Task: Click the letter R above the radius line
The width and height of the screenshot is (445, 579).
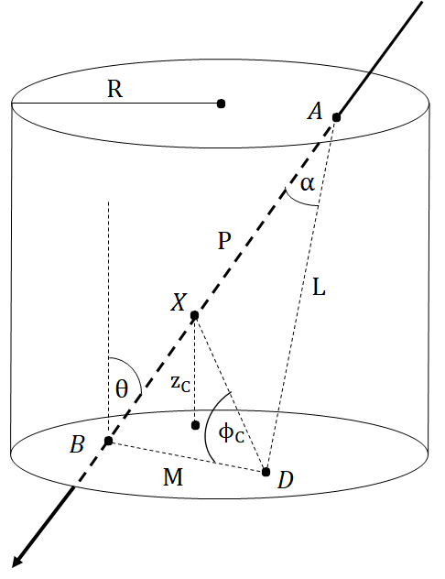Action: coord(114,90)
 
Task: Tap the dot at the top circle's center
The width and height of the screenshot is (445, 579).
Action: coord(221,104)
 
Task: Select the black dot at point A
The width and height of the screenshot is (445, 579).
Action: coord(336,117)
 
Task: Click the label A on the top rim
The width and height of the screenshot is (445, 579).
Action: coord(315,112)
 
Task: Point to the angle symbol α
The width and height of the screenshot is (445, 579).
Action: coord(307,183)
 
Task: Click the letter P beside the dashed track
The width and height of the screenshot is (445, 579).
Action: coord(224,241)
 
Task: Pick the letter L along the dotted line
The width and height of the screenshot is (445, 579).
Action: coord(319,287)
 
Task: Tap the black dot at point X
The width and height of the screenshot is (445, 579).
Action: coord(194,315)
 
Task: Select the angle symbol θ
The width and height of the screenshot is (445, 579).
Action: coord(122,388)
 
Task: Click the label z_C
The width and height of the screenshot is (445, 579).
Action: coord(181,385)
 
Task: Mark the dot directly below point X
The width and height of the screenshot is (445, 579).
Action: coord(195,425)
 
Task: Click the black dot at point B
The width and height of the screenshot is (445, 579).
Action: coord(108,441)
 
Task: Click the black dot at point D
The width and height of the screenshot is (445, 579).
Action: coord(266,472)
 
